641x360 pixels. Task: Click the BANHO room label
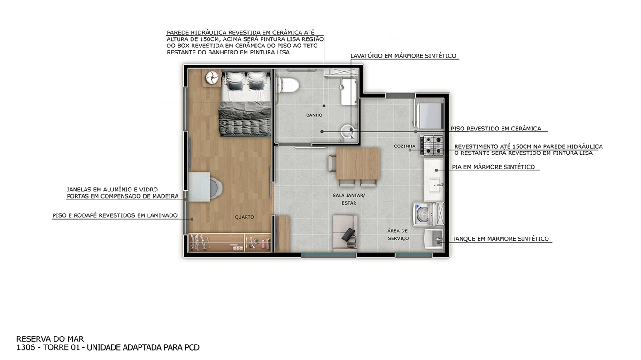[x=314, y=115]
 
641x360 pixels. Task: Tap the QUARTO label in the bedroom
[x=244, y=217]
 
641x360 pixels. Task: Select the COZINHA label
[x=404, y=146]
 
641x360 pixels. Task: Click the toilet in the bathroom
[x=288, y=85]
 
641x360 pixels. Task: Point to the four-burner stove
[x=432, y=146]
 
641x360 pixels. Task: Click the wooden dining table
[x=358, y=164]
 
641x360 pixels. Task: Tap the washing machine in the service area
[x=424, y=214]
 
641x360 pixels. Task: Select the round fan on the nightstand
[x=212, y=77]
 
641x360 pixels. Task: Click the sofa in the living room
[x=345, y=233]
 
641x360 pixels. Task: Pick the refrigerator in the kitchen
[x=430, y=116]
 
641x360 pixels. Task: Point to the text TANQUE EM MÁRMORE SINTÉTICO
[x=501, y=239]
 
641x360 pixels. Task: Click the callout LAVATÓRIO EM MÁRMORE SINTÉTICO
[x=403, y=56]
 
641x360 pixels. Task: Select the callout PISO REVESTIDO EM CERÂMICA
[x=496, y=129]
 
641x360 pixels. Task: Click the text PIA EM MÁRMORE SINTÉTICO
[x=494, y=167]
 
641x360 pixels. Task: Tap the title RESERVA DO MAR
[x=50, y=339]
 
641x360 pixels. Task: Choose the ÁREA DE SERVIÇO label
[x=398, y=235]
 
